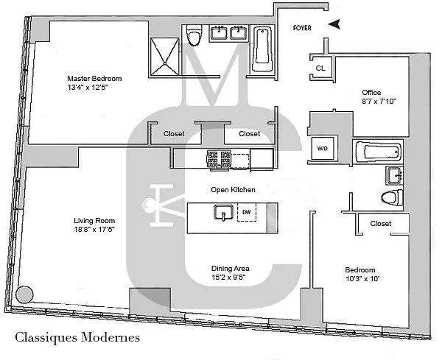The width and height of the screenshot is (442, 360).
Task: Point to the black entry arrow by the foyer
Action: tap(335, 24)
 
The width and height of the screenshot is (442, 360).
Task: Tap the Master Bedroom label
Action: tap(94, 79)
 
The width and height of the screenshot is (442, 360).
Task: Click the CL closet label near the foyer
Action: tap(320, 68)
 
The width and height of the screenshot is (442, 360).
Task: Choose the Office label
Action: tap(371, 91)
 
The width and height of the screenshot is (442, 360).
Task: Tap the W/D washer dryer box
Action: tap(323, 148)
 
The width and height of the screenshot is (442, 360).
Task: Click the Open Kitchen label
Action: tap(233, 190)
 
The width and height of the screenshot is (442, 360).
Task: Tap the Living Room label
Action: tap(94, 221)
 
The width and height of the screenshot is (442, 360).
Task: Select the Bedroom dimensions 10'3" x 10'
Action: tap(361, 280)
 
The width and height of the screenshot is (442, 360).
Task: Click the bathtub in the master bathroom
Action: tap(262, 49)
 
